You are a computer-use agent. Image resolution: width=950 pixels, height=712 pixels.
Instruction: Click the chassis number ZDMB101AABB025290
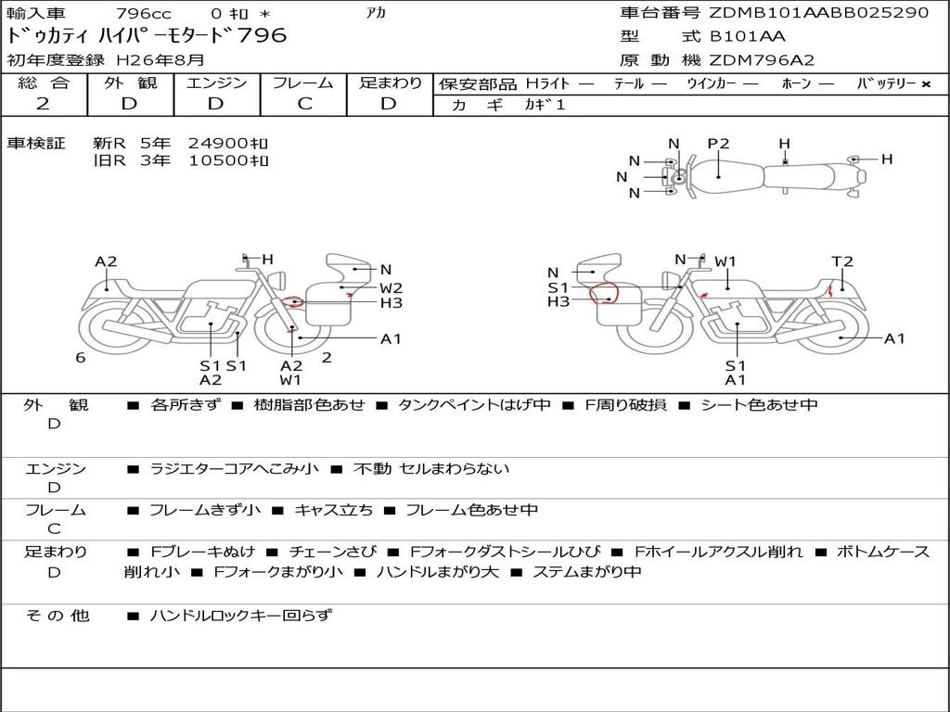pos(818,12)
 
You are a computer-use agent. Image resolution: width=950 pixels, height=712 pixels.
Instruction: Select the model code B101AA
pos(747,36)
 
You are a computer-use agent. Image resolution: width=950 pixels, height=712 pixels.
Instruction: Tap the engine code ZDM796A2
pos(762,60)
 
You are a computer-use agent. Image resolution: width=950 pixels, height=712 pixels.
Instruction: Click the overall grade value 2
pos(43,104)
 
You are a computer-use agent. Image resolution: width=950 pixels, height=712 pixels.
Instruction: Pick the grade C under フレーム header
pos(304,104)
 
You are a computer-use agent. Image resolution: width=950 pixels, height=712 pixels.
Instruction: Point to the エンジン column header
pos(216,83)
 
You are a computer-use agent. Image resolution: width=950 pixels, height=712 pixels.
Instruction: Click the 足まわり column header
pos(390,83)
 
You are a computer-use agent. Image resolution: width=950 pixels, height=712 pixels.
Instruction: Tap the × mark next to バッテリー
pos(926,84)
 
